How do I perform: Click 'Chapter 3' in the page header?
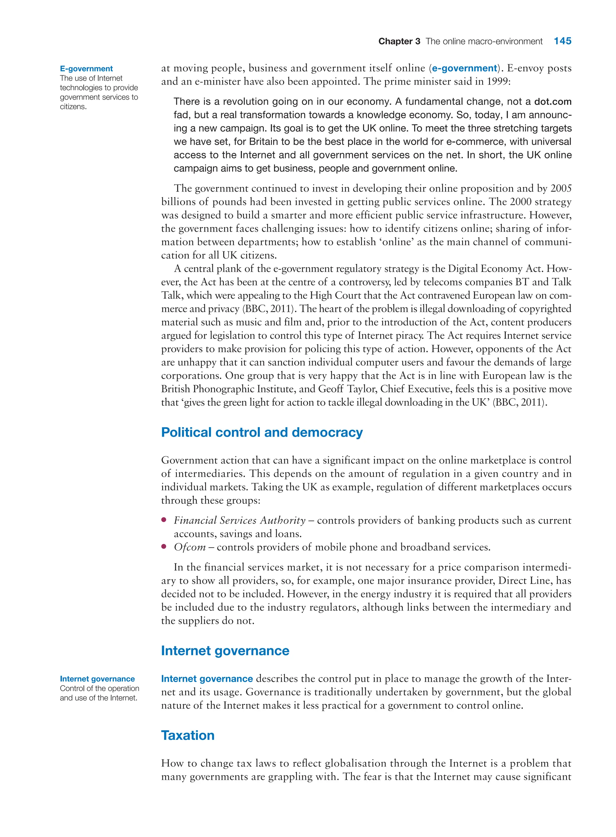399,42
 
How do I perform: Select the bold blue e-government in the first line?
464,68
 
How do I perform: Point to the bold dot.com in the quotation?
553,102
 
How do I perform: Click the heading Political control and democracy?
262,432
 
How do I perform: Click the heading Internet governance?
225,651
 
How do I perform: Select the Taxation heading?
188,735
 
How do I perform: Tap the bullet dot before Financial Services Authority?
164,520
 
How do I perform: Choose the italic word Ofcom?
190,547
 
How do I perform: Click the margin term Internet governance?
97,679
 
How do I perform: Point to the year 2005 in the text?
561,188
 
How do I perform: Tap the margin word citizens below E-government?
73,107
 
